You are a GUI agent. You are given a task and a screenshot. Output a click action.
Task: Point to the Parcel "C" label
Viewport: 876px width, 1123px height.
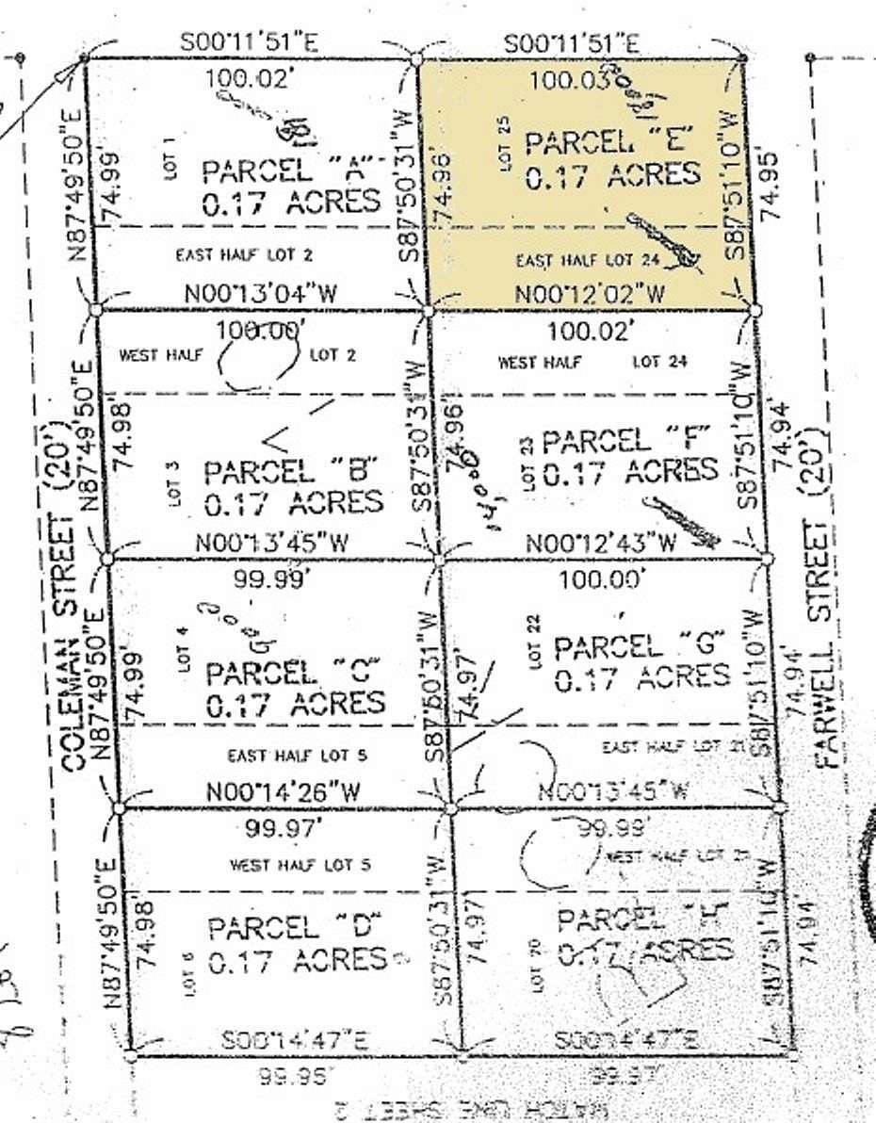click(x=293, y=673)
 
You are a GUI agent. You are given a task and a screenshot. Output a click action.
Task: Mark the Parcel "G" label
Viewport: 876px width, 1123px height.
click(x=641, y=646)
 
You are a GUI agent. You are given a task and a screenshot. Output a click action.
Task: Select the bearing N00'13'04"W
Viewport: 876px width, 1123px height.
click(x=260, y=293)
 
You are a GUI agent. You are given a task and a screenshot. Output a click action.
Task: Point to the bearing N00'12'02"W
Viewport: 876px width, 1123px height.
click(x=590, y=294)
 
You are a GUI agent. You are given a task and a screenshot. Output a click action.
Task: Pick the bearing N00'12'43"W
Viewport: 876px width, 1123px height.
click(x=601, y=544)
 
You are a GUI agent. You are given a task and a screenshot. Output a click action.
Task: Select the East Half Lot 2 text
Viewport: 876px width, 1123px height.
click(x=245, y=253)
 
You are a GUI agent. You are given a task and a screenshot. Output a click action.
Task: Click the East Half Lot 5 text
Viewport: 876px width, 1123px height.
click(x=296, y=755)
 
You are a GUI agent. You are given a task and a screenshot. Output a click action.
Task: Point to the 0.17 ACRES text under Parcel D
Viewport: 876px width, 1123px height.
click(x=296, y=961)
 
